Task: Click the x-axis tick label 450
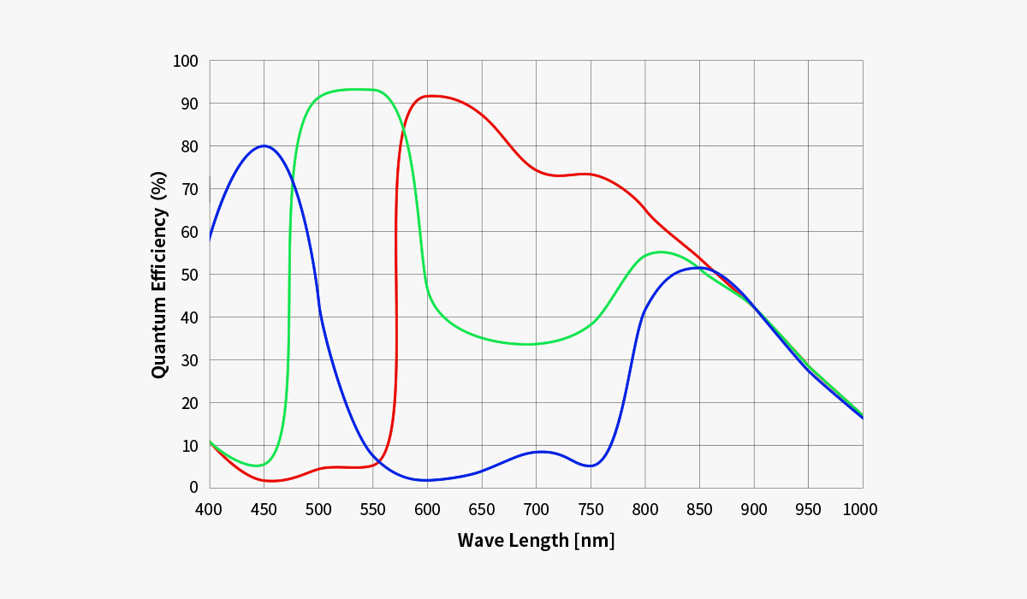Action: pyautogui.click(x=264, y=510)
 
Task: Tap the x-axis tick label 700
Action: pyautogui.click(x=536, y=510)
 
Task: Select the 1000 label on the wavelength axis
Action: pyautogui.click(x=859, y=510)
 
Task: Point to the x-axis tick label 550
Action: pyautogui.click(x=372, y=510)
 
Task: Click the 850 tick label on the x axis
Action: pyautogui.click(x=699, y=510)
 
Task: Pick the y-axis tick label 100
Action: pyautogui.click(x=185, y=61)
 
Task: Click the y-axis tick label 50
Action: pyautogui.click(x=189, y=275)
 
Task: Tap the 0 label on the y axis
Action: pyautogui.click(x=193, y=488)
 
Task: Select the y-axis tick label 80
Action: pyautogui.click(x=189, y=146)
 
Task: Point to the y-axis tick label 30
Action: pyautogui.click(x=189, y=360)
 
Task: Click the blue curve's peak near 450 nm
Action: pyautogui.click(x=264, y=145)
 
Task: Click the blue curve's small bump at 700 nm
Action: pyautogui.click(x=539, y=451)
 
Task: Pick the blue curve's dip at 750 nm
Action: pyautogui.click(x=591, y=466)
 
